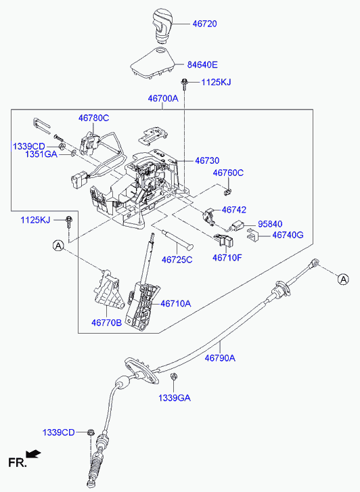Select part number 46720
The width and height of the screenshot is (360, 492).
pyautogui.click(x=204, y=24)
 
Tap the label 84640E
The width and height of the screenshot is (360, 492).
pyautogui.click(x=202, y=65)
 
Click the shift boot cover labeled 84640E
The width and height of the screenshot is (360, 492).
pyautogui.click(x=153, y=63)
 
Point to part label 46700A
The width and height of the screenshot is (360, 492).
pyautogui.click(x=163, y=99)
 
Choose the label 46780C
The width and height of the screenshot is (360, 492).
pyautogui.click(x=93, y=118)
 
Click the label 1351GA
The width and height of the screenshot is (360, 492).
pyautogui.click(x=41, y=154)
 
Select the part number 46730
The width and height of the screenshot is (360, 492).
pyautogui.click(x=207, y=160)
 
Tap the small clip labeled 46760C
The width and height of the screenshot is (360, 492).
pyautogui.click(x=228, y=190)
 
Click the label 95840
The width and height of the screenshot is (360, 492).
pyautogui.click(x=270, y=224)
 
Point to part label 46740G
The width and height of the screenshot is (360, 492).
pyautogui.click(x=288, y=235)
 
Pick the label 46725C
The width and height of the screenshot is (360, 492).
pyautogui.click(x=177, y=260)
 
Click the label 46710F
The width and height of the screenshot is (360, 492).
pyautogui.click(x=227, y=258)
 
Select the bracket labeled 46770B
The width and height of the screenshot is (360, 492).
pyautogui.click(x=109, y=290)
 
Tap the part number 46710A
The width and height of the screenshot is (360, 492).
pyautogui.click(x=176, y=303)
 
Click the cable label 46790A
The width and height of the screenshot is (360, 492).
pyautogui.click(x=220, y=358)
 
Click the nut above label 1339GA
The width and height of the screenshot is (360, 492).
pyautogui.click(x=173, y=376)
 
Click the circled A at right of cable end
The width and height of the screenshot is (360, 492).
pyautogui.click(x=343, y=279)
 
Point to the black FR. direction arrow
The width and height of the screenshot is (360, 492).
pyautogui.click(x=33, y=454)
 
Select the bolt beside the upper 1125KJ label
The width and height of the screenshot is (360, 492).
pyautogui.click(x=183, y=83)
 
